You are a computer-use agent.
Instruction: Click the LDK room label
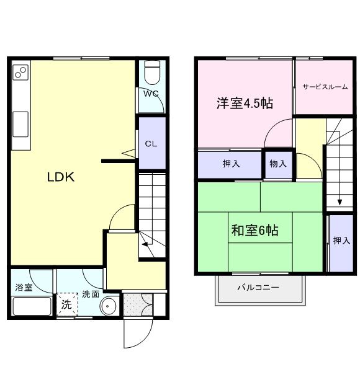pyautogui.click(x=61, y=177)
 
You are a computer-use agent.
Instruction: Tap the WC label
pyautogui.click(x=151, y=94)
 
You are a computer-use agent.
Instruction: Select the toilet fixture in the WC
pyautogui.click(x=151, y=74)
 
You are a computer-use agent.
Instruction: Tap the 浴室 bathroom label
pyautogui.click(x=24, y=287)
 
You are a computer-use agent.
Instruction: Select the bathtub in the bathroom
pyautogui.click(x=31, y=306)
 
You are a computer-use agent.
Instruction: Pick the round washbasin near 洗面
pyautogui.click(x=109, y=306)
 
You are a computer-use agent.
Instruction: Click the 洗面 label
pyautogui.click(x=91, y=294)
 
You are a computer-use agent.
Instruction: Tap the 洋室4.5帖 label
pyautogui.click(x=245, y=103)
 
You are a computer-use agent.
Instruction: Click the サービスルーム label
pyautogui.click(x=325, y=87)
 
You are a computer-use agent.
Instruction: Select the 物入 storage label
pyautogui.click(x=278, y=164)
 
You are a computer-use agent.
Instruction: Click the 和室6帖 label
pyautogui.click(x=254, y=231)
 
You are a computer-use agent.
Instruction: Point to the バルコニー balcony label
pyautogui.click(x=258, y=288)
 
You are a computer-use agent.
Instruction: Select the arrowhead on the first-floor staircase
pyautogui.click(x=144, y=244)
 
